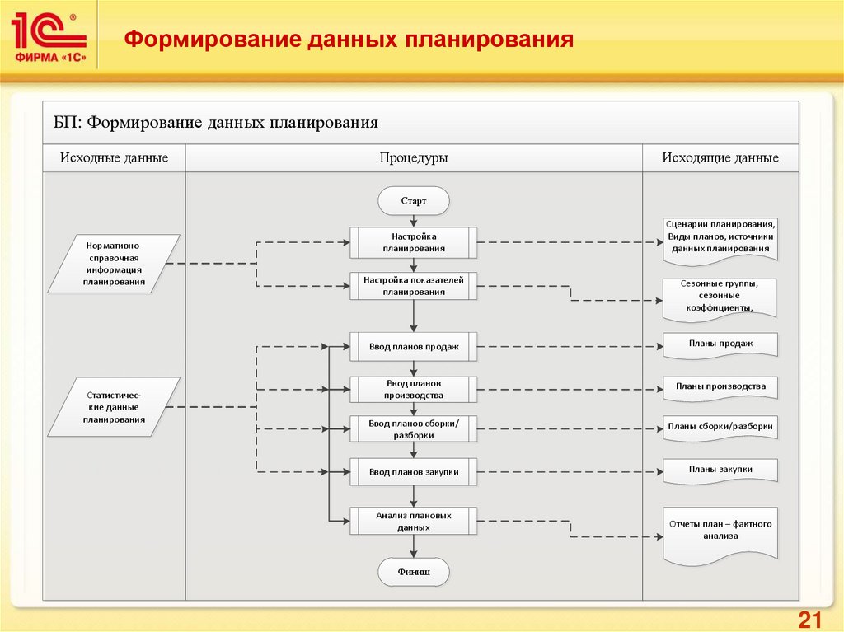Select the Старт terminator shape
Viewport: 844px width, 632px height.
[x=414, y=200]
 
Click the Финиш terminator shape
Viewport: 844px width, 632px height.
[x=414, y=570]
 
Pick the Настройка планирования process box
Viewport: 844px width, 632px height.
[x=414, y=241]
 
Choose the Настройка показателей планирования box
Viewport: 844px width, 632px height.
[x=414, y=286]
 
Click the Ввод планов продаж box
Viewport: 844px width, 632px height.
[x=414, y=347]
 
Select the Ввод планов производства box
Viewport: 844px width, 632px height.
[x=414, y=389]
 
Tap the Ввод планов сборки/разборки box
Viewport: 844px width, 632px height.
[x=414, y=428]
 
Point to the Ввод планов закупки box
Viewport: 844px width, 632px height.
[x=414, y=472]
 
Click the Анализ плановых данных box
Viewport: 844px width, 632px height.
[x=414, y=520]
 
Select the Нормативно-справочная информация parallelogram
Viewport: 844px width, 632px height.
[x=114, y=264]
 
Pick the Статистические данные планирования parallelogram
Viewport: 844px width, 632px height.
[x=114, y=407]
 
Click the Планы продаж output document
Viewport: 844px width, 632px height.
[x=720, y=344]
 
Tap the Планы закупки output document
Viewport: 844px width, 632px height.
[x=720, y=470]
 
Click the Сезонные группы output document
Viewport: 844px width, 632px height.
[x=720, y=296]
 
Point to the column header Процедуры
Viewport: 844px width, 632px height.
[x=414, y=158]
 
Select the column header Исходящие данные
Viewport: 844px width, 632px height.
[x=720, y=158]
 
